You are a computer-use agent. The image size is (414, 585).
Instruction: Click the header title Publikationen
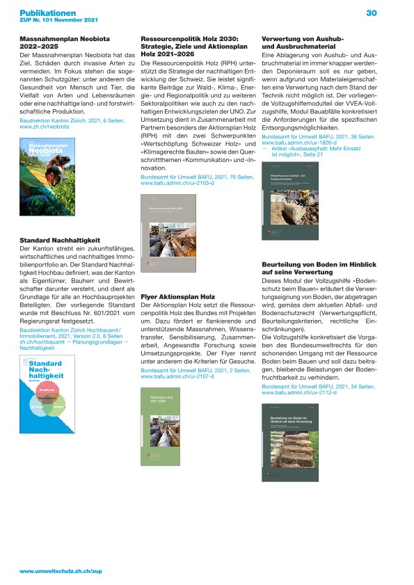[47, 13]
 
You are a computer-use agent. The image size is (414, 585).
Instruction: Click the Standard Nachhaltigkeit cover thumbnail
[50, 394]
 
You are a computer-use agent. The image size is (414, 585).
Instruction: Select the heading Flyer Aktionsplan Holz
[177, 296]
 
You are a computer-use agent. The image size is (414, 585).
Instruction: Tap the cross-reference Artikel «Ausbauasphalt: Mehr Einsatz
[312, 129]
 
